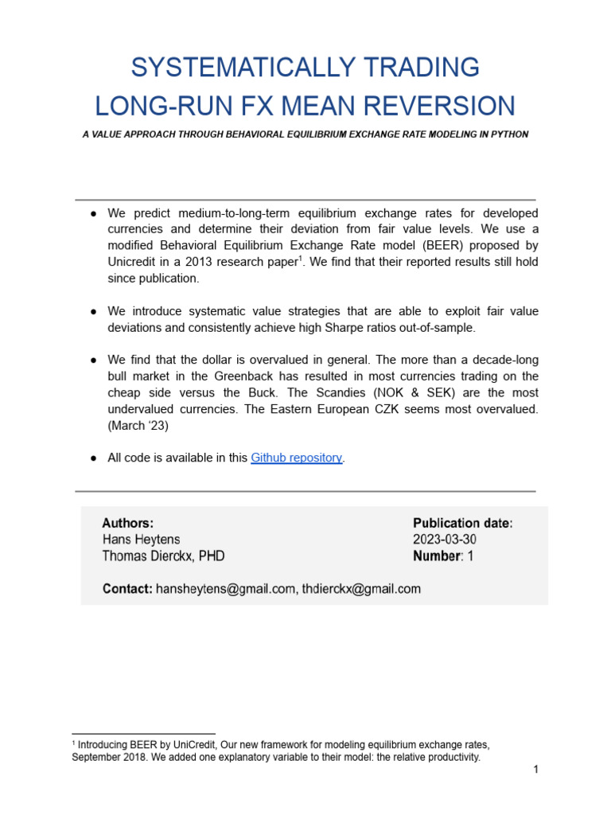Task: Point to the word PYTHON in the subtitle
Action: coord(508,135)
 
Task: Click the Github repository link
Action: coord(297,458)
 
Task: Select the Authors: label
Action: coord(127,523)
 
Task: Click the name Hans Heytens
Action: coord(141,540)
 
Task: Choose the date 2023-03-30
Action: coord(445,540)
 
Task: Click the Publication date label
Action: coord(462,523)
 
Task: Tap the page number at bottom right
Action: coord(536,770)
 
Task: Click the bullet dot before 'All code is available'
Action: coord(93,458)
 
